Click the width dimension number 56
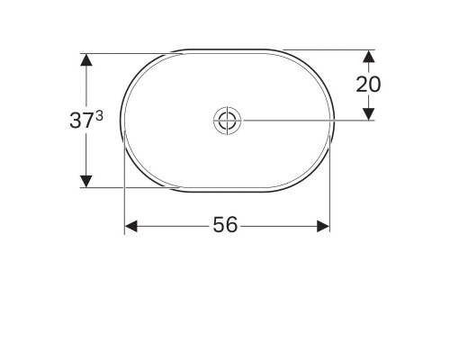coord(226,225)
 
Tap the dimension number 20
coord(368,84)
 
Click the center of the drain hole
coord(226,119)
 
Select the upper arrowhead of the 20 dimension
coord(368,56)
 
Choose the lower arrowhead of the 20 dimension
coord(368,112)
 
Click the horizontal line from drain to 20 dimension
coord(306,119)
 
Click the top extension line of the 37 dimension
coord(126,52)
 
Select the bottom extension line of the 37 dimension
coord(126,187)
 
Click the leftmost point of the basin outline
coord(120,119)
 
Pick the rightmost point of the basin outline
coord(334,119)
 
